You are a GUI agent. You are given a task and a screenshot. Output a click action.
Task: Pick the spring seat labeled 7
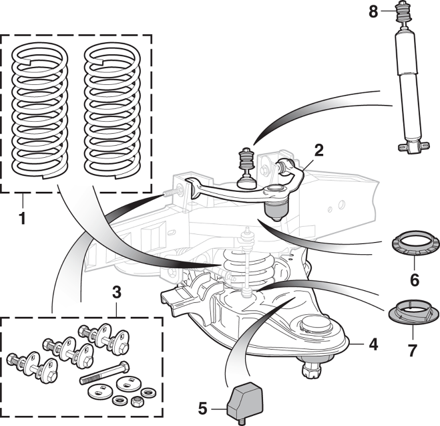413,311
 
